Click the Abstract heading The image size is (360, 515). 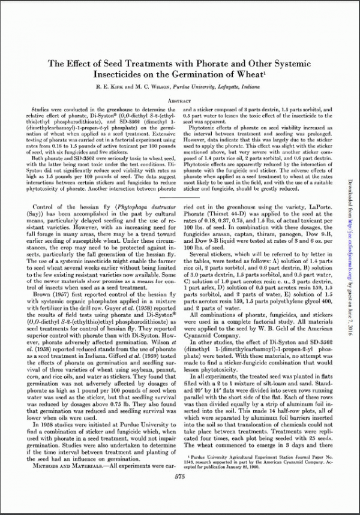180,101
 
